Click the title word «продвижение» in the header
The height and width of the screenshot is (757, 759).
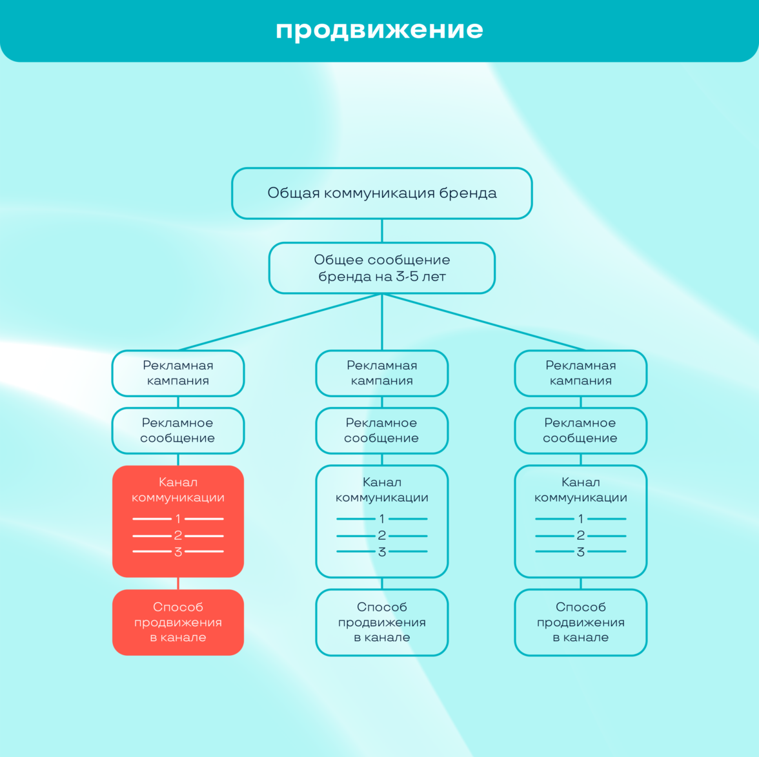[x=379, y=30]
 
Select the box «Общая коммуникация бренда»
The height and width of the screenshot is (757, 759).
[x=382, y=193]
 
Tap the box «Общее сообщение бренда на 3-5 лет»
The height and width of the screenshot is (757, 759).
[x=382, y=268]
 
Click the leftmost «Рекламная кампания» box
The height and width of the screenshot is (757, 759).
[x=178, y=373]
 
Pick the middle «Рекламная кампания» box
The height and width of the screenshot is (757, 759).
[x=382, y=373]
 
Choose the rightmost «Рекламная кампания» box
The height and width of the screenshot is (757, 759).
[x=581, y=373]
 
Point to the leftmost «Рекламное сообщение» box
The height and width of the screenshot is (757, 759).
[x=178, y=430]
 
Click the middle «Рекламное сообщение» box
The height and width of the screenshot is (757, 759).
[x=382, y=430]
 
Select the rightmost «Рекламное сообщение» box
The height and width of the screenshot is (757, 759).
[x=581, y=430]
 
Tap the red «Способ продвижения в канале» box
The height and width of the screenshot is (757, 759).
[x=178, y=622]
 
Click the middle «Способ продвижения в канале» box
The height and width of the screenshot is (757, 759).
[x=382, y=622]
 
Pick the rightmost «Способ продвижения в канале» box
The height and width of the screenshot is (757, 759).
[x=581, y=622]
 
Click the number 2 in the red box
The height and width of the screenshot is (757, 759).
[x=178, y=535]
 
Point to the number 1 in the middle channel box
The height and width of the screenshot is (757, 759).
[x=382, y=518]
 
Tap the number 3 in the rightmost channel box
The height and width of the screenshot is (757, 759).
[x=581, y=552]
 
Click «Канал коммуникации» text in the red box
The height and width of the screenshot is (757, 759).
[x=178, y=489]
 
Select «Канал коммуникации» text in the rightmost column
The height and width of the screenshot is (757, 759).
[x=581, y=489]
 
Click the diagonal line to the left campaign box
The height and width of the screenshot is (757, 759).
[x=280, y=322]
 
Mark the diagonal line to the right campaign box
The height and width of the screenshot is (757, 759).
[x=484, y=322]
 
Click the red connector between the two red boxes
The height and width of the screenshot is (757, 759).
[x=178, y=583]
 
